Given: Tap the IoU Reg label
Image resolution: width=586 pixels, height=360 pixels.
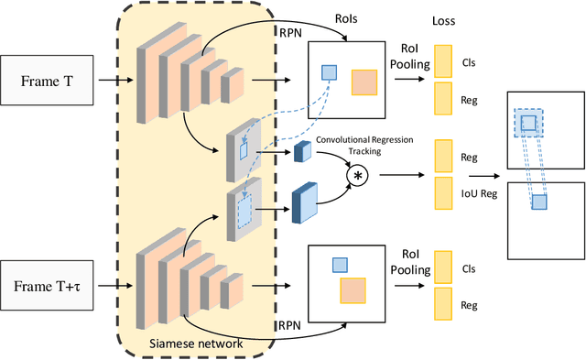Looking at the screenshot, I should pyautogui.click(x=481, y=192).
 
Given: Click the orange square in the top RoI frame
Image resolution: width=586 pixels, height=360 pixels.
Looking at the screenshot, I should pyautogui.click(x=364, y=82).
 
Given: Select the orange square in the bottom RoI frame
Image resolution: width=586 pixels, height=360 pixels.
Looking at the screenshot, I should pyautogui.click(x=353, y=290).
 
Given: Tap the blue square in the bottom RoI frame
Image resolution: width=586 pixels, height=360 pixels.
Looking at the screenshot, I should pyautogui.click(x=339, y=265).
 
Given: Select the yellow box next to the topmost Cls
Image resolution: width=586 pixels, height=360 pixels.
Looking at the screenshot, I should pyautogui.click(x=443, y=61).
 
